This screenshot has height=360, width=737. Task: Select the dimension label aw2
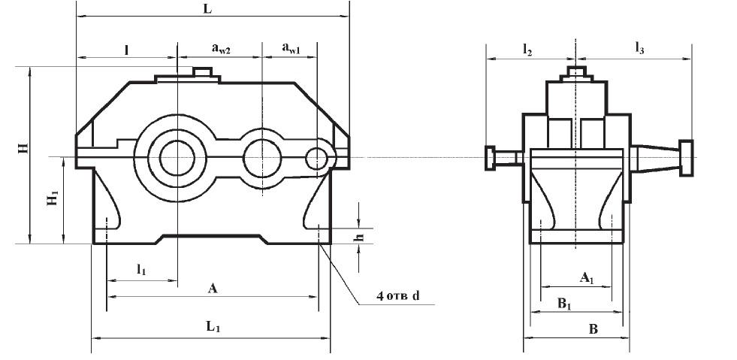pos(220,49)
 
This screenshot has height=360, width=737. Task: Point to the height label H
pos(23,147)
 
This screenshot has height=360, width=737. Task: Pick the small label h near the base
pos(359,237)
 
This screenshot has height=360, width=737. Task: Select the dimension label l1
pos(140,268)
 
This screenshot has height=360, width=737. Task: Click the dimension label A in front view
pos(213,288)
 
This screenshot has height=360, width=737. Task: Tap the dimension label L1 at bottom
pos(213,328)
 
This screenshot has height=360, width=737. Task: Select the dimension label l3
pos(639,50)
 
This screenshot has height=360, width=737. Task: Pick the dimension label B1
pos(563,302)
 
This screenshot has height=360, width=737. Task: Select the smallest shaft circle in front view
pos(317,158)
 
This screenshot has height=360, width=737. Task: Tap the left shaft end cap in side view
pos(491,157)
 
